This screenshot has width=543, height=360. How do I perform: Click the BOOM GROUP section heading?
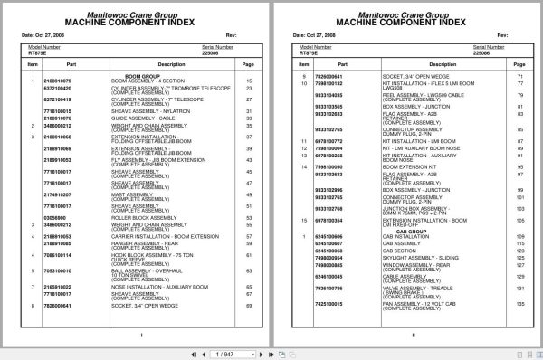click(135, 76)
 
